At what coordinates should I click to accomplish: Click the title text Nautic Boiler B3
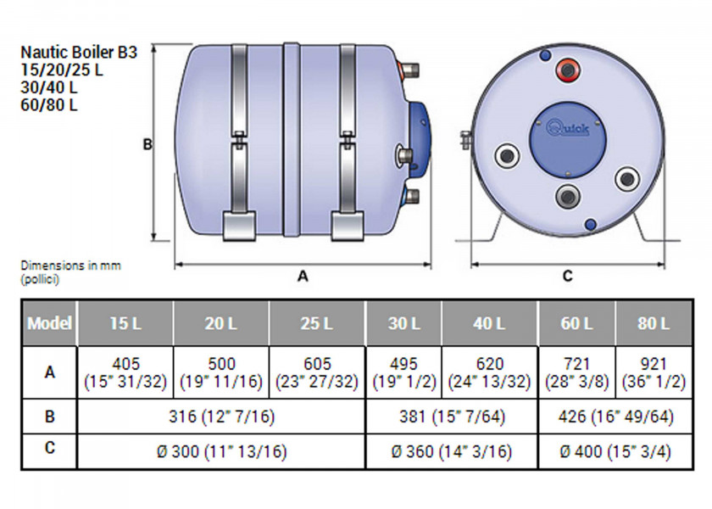tap(78, 52)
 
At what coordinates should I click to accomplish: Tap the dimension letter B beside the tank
tap(147, 145)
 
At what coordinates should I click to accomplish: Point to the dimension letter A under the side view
tap(303, 276)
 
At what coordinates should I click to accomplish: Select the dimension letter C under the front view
tap(567, 276)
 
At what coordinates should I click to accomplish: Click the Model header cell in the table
tap(49, 323)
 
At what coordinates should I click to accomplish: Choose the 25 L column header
tap(317, 323)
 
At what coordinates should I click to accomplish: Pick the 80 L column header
tap(653, 323)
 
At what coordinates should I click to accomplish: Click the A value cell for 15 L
tap(125, 372)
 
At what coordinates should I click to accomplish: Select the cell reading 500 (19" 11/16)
tap(220, 372)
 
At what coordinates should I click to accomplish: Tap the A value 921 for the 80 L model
tap(653, 372)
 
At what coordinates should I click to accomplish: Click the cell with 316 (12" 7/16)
tap(220, 417)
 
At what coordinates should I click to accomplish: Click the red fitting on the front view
tap(565, 68)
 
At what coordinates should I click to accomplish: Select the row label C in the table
tap(49, 450)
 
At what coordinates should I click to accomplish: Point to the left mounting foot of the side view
tap(236, 225)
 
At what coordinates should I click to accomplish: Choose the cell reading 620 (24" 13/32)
tap(489, 372)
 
